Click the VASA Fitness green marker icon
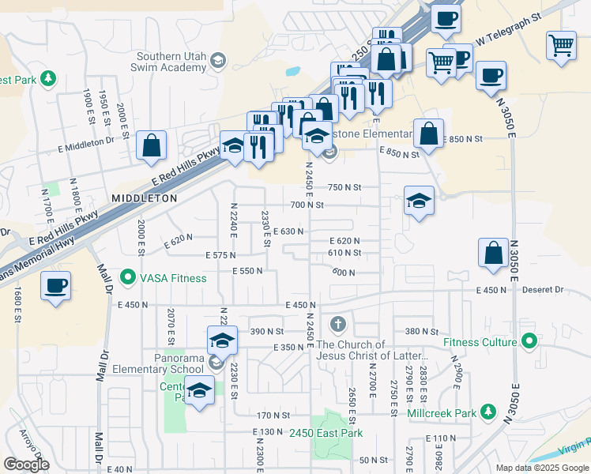126,277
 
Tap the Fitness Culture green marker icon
529,342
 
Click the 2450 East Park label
326,433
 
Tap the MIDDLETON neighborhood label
145,198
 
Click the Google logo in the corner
26,465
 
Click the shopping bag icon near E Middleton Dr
151,146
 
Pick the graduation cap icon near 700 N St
419,201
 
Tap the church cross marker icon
338,324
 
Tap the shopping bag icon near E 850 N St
428,135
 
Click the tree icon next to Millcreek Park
489,412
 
